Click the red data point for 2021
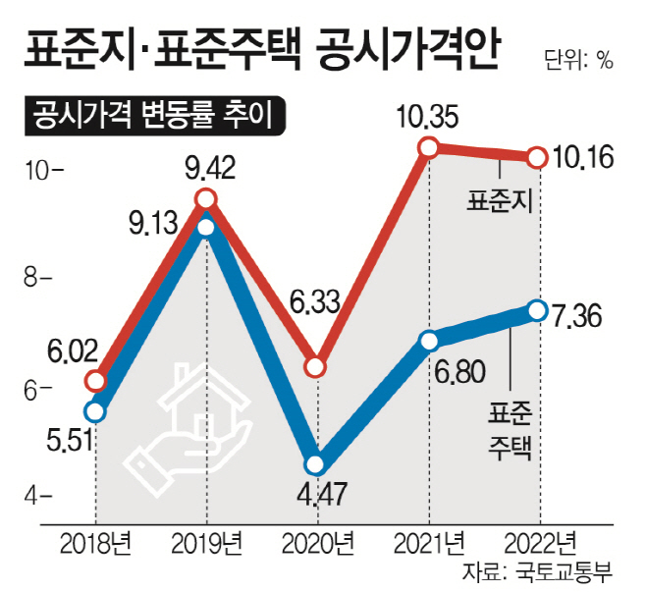[x=429, y=147]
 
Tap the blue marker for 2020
[x=315, y=464]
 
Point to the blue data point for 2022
[x=538, y=310]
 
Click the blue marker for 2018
[x=95, y=411]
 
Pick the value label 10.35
[x=427, y=117]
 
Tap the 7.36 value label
[x=577, y=315]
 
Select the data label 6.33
[x=314, y=302]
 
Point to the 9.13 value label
[x=154, y=225]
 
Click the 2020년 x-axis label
[x=318, y=543]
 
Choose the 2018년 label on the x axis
[x=96, y=543]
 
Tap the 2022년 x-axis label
[x=540, y=543]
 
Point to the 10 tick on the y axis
[x=44, y=169]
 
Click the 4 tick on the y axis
[x=38, y=497]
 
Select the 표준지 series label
[x=500, y=201]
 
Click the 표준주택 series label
[x=510, y=431]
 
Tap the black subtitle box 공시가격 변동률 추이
[x=155, y=116]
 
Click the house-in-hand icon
[x=188, y=429]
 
